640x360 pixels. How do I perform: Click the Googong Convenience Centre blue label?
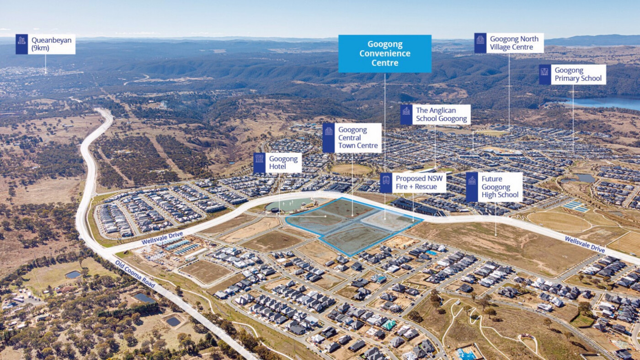385,54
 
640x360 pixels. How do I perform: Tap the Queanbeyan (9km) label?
46,44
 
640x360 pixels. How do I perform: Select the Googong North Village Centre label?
509,43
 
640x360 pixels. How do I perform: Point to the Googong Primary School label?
572,75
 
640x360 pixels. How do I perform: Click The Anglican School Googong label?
435,114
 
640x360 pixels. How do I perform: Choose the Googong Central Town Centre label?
352,138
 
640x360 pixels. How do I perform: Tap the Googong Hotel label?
277,163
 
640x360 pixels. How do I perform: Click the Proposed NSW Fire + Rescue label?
413,183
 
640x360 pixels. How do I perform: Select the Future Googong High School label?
494,187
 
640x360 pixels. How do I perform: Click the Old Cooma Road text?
135,274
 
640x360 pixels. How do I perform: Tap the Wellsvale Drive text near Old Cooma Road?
162,238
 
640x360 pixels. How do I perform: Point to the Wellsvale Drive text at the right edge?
585,245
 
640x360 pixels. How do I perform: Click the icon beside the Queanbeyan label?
22,44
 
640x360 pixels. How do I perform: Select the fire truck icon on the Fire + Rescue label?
386,183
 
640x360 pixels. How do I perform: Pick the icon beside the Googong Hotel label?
260,163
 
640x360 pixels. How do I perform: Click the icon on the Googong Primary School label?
545,75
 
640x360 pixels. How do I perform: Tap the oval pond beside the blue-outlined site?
287,205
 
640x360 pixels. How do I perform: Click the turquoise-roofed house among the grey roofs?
389,324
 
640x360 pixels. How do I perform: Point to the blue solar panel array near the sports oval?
576,206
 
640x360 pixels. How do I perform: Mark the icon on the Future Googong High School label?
472,187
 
